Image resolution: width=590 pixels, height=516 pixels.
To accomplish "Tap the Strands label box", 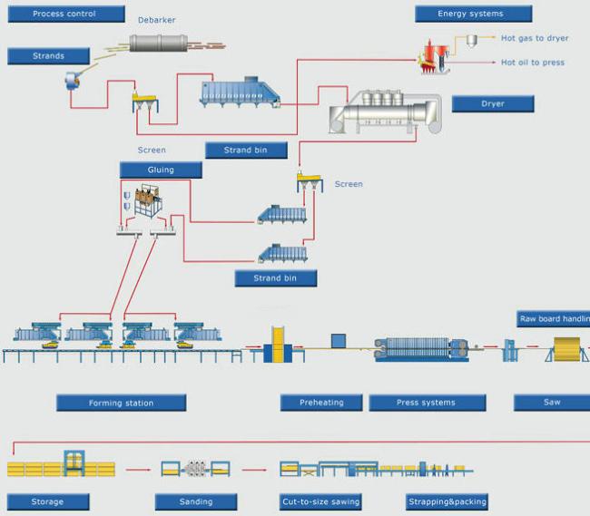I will [49, 56].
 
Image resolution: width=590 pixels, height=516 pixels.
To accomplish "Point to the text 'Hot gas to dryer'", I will [535, 39].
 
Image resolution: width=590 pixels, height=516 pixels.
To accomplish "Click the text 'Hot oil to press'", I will [533, 63].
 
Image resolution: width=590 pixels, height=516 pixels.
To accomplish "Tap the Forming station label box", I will [122, 403].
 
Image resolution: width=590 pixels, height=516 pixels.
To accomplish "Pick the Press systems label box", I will [426, 403].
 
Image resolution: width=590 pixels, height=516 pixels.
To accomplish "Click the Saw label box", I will [552, 402].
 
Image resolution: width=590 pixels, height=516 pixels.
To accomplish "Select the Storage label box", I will [48, 501].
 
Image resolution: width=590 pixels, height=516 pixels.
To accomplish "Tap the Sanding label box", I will [196, 501].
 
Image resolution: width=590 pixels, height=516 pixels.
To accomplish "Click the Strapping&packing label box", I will [446, 501].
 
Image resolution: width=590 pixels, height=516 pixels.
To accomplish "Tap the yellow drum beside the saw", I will [565, 349].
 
